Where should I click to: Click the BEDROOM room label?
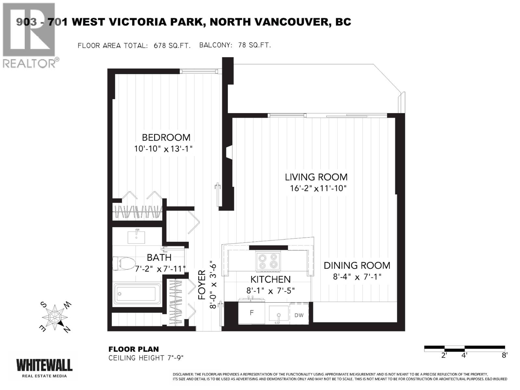[x=166, y=137]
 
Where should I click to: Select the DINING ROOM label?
[x=357, y=265]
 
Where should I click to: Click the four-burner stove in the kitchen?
[x=268, y=261]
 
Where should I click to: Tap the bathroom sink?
[x=136, y=236]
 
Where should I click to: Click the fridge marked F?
[x=251, y=313]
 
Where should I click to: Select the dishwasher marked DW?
[x=299, y=315]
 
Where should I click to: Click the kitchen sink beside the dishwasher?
[x=279, y=314]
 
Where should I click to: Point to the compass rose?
[x=56, y=317]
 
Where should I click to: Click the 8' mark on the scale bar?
[x=504, y=355]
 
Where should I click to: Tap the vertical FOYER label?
[x=202, y=285]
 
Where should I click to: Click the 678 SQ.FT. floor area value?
[x=172, y=45]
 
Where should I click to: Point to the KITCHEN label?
[x=270, y=279]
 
